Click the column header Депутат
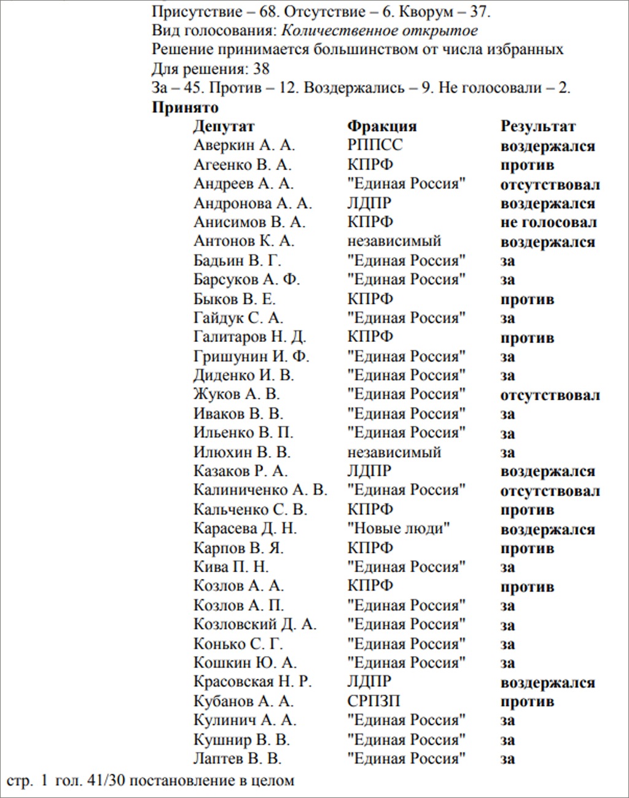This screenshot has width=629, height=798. coord(224,126)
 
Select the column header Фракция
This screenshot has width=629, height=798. coord(381,126)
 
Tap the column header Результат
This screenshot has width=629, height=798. coord(538,126)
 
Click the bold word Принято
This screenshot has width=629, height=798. coord(185,107)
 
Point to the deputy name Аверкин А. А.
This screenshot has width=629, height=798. coord(244,145)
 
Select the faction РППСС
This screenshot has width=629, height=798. coord(375,145)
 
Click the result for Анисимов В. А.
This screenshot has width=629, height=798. coord(549,222)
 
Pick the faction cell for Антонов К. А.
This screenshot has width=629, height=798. coord(394,241)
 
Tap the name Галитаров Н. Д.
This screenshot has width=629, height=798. coord(249,337)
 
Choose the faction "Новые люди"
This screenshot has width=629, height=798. coord(399,529)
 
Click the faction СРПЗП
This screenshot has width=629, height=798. coord(373,701)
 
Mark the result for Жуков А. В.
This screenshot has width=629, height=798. coord(550,395)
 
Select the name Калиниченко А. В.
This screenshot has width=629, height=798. coord(260,490)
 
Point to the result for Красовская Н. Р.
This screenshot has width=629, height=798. coord(547,683)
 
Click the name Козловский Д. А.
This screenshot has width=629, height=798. coord(255,624)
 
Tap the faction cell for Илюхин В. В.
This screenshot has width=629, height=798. coord(394,452)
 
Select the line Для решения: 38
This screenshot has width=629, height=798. coord(211,69)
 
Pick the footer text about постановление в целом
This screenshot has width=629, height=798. coord(150,781)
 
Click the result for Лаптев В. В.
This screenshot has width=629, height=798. coord(507,759)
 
